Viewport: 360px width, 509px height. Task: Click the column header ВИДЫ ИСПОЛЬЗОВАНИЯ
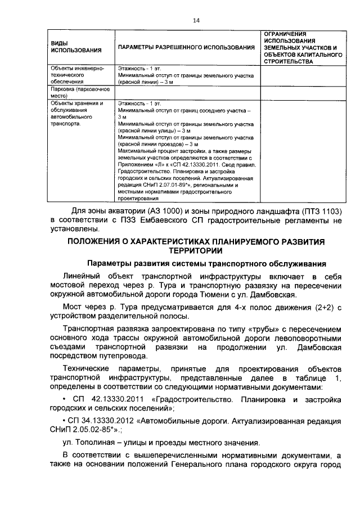point(69,47)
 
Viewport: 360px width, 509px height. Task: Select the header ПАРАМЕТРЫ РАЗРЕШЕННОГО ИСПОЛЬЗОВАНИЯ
point(186,47)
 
